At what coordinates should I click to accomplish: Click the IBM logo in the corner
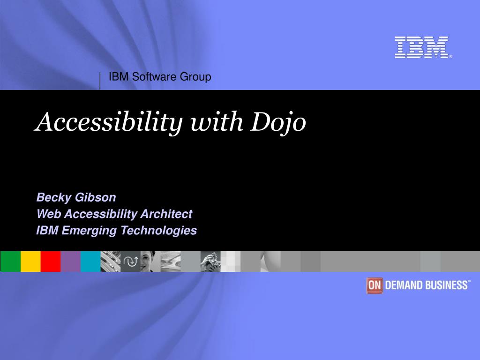pos(423,47)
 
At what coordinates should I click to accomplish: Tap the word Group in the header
pos(195,77)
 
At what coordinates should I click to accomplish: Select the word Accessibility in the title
pos(109,123)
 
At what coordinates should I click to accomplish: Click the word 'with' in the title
pos(217,122)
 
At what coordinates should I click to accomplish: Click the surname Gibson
pos(96,197)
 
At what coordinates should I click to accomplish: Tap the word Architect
pos(166,214)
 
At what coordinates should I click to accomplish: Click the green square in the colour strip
pos(10,262)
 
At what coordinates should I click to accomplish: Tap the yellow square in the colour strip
pos(30,262)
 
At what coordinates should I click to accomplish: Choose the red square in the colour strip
pos(51,262)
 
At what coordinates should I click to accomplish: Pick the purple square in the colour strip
pos(71,262)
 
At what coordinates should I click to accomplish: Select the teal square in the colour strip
pos(90,262)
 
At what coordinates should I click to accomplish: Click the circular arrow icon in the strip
pos(131,262)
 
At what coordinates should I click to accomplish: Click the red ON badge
pos(374,285)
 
